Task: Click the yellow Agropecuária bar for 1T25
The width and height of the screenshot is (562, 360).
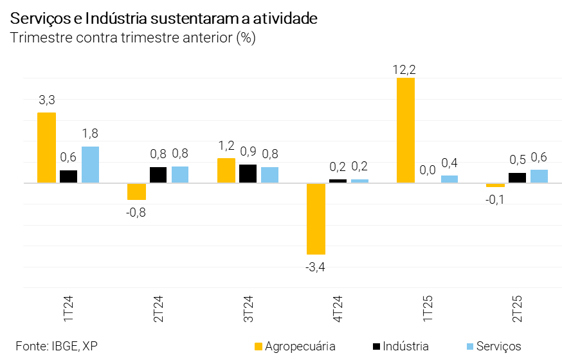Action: point(406,130)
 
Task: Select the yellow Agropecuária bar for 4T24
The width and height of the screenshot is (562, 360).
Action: point(316,219)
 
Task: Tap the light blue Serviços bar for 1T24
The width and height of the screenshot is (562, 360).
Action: point(91,165)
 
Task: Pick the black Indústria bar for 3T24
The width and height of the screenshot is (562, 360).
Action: point(248,174)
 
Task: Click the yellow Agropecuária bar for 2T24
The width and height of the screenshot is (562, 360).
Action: point(136,192)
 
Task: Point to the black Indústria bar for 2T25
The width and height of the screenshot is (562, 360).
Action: point(517,177)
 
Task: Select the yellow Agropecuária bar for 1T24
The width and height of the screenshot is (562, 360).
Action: point(46,148)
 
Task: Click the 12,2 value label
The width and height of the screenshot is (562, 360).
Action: point(405,69)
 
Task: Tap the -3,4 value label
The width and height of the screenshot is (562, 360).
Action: point(316,267)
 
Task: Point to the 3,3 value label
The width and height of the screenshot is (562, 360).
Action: point(47,100)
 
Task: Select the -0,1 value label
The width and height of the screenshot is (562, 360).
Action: point(495,200)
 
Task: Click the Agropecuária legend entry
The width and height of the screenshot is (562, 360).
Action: point(296,346)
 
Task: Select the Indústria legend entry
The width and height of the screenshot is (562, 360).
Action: point(401,346)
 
